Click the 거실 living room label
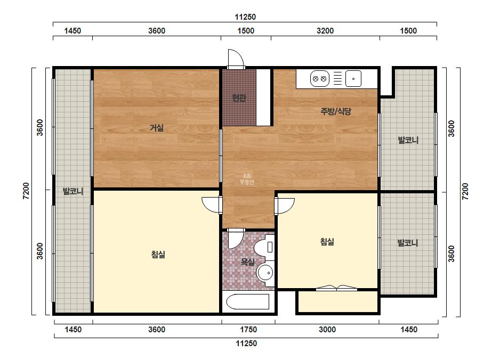tap(157, 128)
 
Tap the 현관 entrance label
tap(239, 98)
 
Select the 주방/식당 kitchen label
tap(336, 111)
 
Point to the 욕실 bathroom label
tap(247, 261)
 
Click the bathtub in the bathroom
tap(248, 301)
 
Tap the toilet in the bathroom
tap(264, 248)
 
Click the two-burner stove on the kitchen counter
tap(320, 78)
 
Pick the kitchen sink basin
tap(353, 78)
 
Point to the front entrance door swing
tap(236, 59)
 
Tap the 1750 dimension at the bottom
tap(248, 330)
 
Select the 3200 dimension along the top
tap(325, 31)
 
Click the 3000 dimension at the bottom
tap(327, 330)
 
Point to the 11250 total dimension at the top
tap(245, 17)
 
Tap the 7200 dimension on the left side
tap(26, 191)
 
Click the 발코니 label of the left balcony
tap(73, 191)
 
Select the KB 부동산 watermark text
tap(247, 179)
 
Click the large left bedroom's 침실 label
tap(158, 255)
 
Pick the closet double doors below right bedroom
tap(336, 288)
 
